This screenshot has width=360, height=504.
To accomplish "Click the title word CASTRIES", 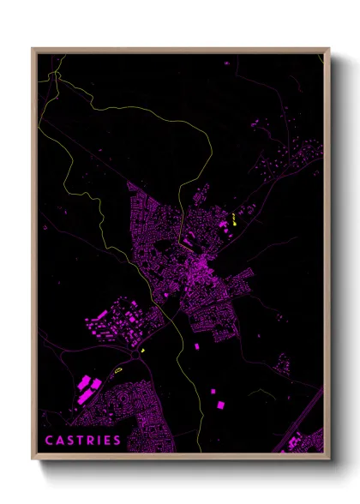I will click(82, 441).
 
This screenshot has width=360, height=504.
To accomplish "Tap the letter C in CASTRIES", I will click(49, 441).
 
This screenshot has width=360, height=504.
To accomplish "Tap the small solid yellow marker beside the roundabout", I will click(142, 351).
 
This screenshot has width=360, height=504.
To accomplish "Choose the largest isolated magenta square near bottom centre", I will click(217, 403).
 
